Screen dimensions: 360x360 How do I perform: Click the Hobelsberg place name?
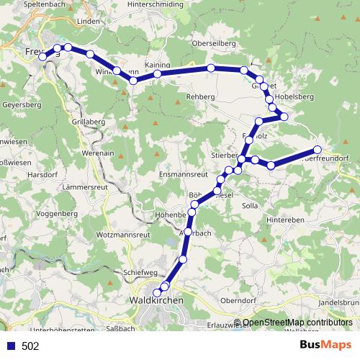click(x=294, y=96)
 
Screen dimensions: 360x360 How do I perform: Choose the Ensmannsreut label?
click(x=183, y=175)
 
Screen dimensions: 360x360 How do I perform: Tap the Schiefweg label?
click(x=141, y=272)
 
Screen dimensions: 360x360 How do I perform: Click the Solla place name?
click(x=250, y=206)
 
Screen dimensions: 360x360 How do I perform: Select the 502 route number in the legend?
click(x=30, y=346)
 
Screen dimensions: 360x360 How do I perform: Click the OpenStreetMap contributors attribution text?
click(x=295, y=323)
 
